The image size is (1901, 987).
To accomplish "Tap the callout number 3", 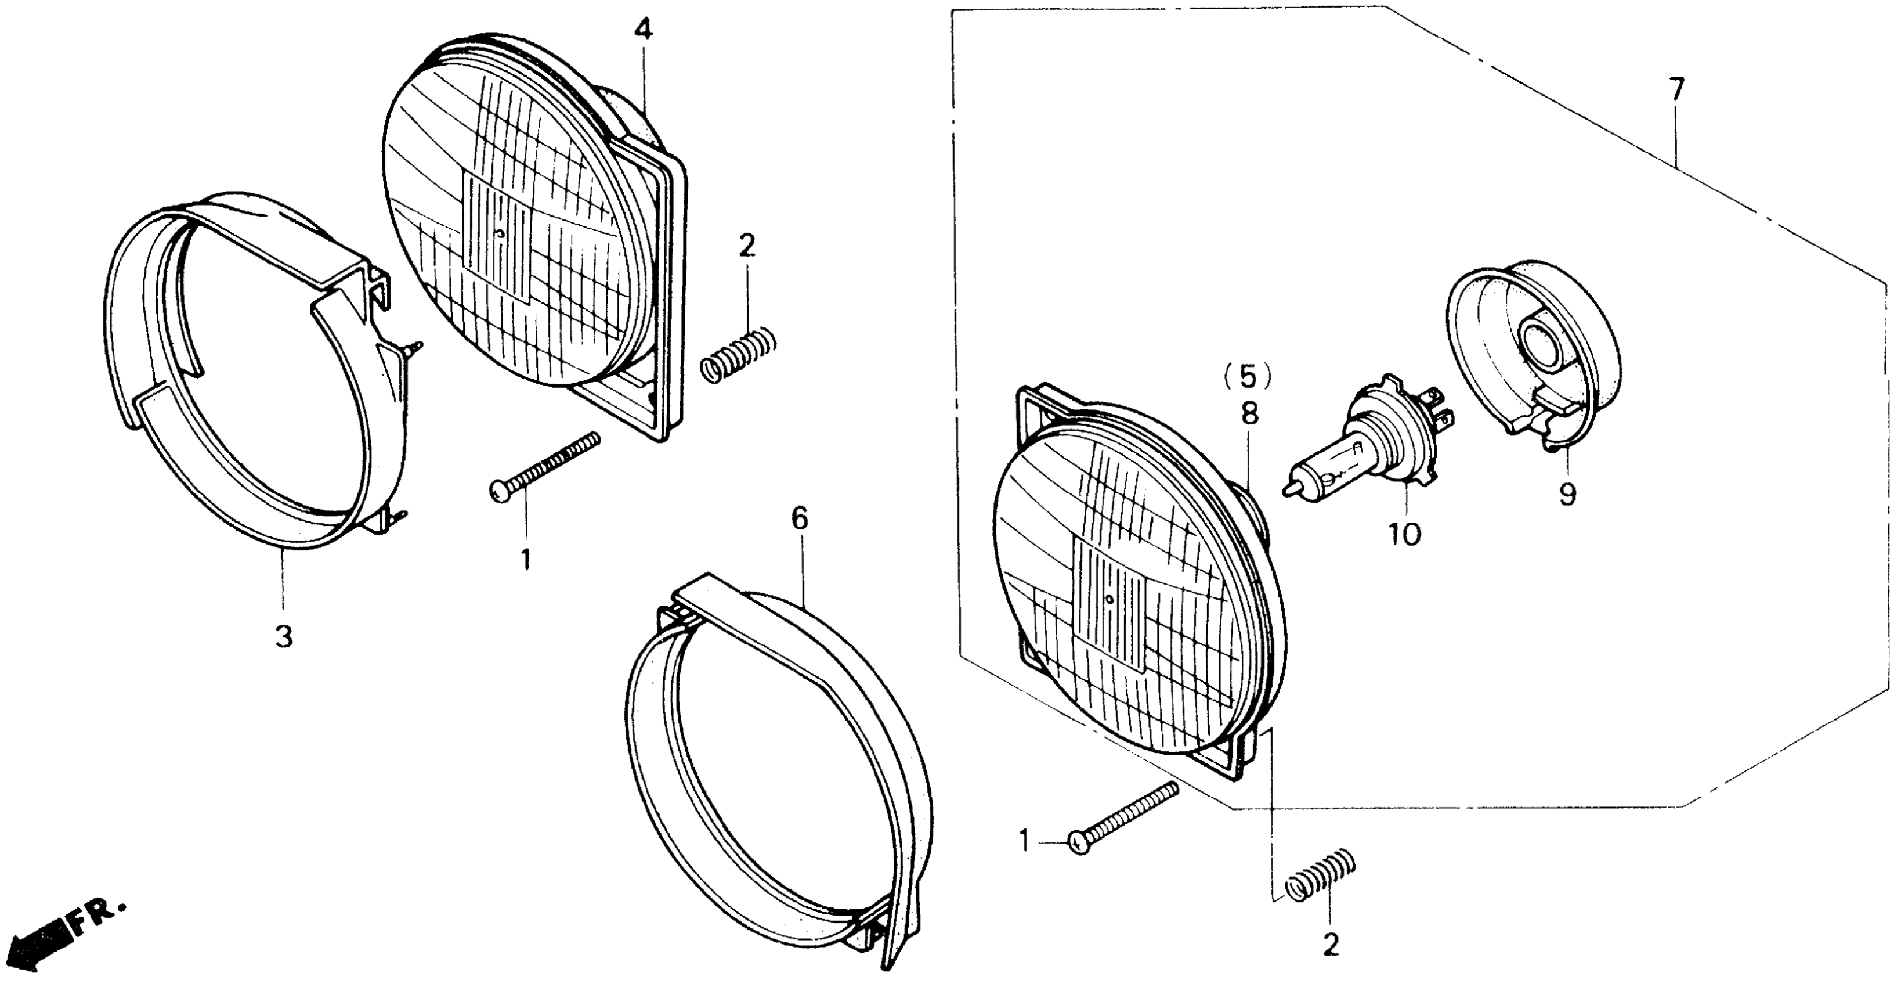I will click(284, 636).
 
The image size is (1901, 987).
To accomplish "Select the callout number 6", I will click(800, 519).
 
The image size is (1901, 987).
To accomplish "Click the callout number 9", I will click(1567, 494).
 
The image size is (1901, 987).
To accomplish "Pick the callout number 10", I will click(1404, 534).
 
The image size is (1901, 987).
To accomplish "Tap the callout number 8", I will click(1249, 414).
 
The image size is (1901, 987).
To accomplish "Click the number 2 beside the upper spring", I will click(747, 246).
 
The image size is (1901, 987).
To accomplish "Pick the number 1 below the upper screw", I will click(525, 560).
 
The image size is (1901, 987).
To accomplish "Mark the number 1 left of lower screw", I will click(1024, 840).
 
